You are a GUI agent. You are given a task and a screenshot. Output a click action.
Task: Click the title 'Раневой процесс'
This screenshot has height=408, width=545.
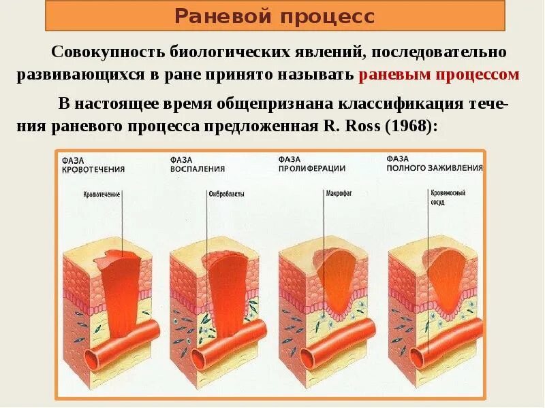click(275, 16)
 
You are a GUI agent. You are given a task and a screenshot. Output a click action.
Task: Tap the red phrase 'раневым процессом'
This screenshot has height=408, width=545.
click(439, 75)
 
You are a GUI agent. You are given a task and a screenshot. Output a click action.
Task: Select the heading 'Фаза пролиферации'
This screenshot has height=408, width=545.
click(312, 164)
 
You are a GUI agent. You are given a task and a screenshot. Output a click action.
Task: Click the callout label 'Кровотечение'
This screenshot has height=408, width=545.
click(102, 194)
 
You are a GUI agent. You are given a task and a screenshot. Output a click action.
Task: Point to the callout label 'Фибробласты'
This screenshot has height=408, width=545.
click(226, 194)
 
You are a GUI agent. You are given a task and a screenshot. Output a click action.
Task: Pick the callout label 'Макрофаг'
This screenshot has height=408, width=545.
click(336, 193)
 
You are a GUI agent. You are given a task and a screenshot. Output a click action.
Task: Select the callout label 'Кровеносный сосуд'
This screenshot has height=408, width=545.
click(448, 197)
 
